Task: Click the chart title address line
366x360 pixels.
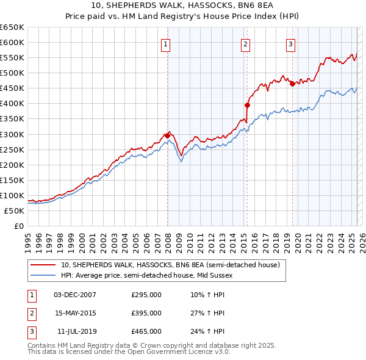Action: (x=184, y=6)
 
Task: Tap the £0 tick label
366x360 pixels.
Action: (x=18, y=226)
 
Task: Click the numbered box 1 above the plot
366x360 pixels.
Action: (x=166, y=43)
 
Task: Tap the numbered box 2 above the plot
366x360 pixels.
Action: (x=245, y=43)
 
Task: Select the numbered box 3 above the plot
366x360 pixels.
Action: (x=290, y=43)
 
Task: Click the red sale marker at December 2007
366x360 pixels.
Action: (x=167, y=135)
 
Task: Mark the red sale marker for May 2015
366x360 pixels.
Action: (x=247, y=104)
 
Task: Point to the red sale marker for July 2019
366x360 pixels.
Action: (x=292, y=84)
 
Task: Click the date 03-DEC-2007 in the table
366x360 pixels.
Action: (x=75, y=295)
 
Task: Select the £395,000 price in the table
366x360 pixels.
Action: (x=146, y=313)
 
